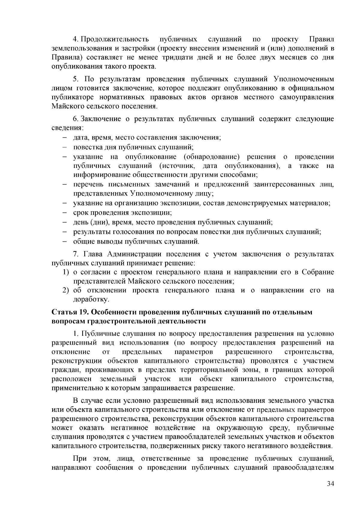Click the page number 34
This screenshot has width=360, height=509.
pyautogui.click(x=330, y=493)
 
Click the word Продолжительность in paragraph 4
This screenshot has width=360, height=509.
pyautogui.click(x=115, y=39)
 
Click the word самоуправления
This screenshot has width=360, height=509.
pyautogui.click(x=310, y=97)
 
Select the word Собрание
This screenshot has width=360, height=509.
pyautogui.click(x=318, y=272)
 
